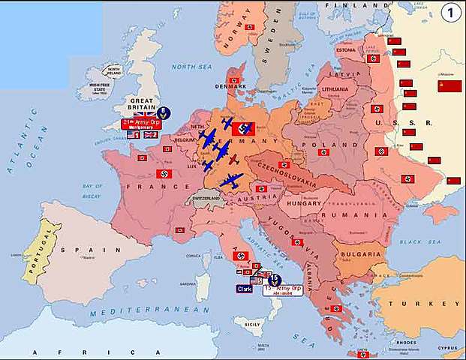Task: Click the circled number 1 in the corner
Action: click(450, 13)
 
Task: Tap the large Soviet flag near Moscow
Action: click(449, 85)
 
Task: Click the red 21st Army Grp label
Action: click(141, 124)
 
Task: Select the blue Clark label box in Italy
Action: click(245, 288)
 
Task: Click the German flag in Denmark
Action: click(234, 80)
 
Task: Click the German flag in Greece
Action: click(335, 308)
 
